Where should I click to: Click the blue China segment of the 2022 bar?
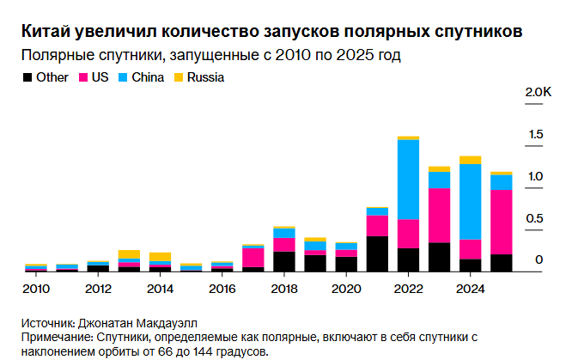point(408,179)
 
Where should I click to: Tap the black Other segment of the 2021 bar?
point(377,253)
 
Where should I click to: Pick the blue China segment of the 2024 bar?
point(470,201)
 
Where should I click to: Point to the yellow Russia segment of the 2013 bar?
point(129,254)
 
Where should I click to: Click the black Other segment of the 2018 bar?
point(283,261)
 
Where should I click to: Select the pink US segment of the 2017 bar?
point(252,258)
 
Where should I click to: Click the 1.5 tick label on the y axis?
point(536,134)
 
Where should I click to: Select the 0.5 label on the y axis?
point(536,218)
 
